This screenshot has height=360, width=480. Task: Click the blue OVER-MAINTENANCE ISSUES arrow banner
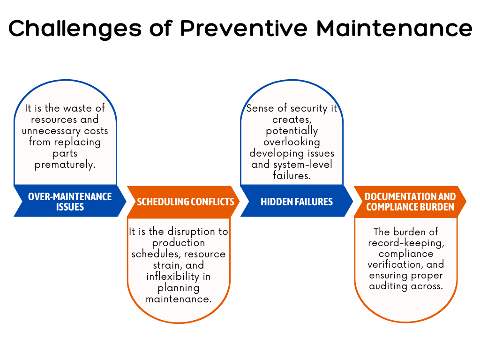click(70, 202)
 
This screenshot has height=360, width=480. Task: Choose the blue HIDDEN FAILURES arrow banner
click(297, 202)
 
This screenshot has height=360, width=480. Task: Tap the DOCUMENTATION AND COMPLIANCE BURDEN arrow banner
click(410, 202)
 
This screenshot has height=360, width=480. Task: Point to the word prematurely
click(65, 165)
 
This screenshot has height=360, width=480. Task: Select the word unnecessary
click(52, 131)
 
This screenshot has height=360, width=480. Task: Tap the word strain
click(157, 265)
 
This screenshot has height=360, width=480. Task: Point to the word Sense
click(260, 108)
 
